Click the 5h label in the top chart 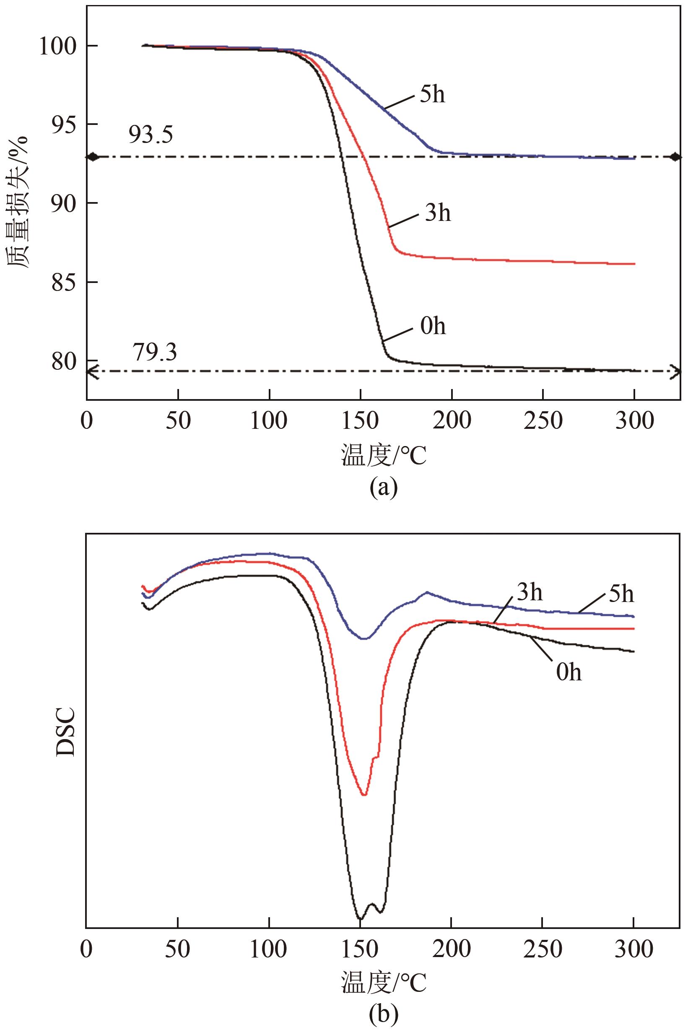(432, 94)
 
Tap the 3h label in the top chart (437, 213)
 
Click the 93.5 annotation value (151, 135)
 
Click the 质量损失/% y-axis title (18, 202)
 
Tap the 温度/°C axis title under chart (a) (384, 455)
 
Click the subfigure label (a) (383, 488)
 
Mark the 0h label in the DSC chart (569, 672)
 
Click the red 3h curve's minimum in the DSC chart (364, 794)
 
